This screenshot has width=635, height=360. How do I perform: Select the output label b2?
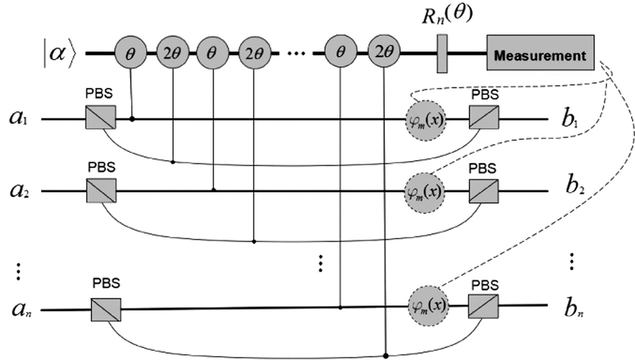tap(571, 191)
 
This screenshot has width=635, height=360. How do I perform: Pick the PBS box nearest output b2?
tap(483, 191)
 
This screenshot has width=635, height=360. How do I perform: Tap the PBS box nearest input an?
tap(106, 310)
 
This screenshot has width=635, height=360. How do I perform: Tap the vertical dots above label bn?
tap(572, 261)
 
